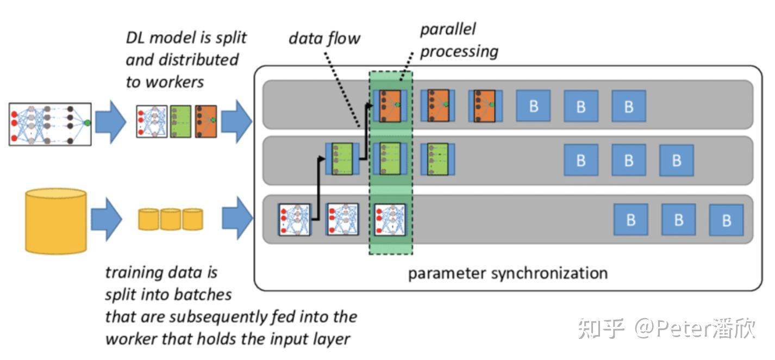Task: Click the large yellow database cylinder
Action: click(x=56, y=221)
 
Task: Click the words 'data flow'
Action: click(x=324, y=39)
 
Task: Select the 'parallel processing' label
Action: click(x=459, y=40)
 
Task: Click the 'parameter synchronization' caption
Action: click(x=508, y=272)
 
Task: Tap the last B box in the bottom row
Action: click(x=727, y=220)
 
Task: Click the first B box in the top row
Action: click(x=533, y=105)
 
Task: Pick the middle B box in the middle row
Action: click(x=628, y=160)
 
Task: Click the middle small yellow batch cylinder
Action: click(x=170, y=219)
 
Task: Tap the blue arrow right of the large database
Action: click(x=106, y=220)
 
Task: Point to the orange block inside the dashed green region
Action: click(x=390, y=105)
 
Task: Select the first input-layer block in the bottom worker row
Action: click(x=294, y=219)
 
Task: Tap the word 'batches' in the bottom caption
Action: click(x=203, y=294)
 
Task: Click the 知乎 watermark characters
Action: click(x=601, y=328)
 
